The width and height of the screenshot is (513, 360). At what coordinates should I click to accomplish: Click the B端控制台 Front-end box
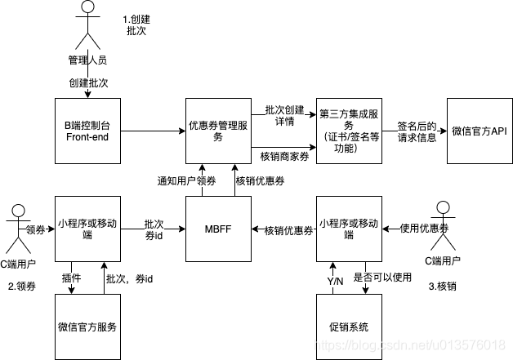click(x=87, y=131)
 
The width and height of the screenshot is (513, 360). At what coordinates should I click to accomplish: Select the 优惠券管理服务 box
click(x=218, y=131)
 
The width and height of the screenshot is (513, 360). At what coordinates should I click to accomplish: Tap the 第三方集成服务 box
click(x=349, y=131)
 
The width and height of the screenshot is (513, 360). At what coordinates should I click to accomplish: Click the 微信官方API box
click(x=480, y=131)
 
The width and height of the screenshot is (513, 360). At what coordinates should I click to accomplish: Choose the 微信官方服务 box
click(x=87, y=327)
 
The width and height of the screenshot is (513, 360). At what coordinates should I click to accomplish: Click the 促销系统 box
click(x=349, y=327)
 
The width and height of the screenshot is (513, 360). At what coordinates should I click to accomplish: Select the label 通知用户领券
click(x=187, y=180)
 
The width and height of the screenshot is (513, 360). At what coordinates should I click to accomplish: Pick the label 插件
click(x=71, y=278)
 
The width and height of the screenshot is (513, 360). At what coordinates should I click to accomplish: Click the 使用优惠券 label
click(x=425, y=229)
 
